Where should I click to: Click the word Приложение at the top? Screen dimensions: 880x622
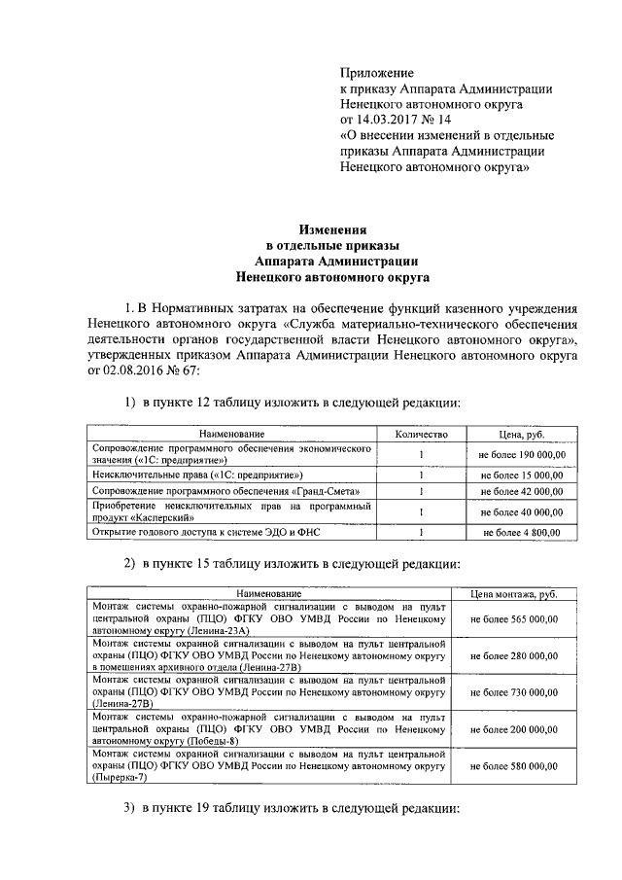pyautogui.click(x=376, y=73)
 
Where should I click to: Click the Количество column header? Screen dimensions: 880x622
pyautogui.click(x=420, y=433)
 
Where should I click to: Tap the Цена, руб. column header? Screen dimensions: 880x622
pyautogui.click(x=521, y=433)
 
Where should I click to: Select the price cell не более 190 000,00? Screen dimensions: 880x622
pyautogui.click(x=521, y=454)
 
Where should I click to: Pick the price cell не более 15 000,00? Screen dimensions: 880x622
pyautogui.click(x=521, y=475)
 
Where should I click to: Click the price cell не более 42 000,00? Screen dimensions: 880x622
pyautogui.click(x=521, y=492)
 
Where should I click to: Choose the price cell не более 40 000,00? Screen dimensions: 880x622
pyautogui.click(x=521, y=512)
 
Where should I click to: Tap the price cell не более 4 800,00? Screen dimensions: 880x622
pyautogui.click(x=521, y=533)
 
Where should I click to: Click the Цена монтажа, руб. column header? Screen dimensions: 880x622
pyautogui.click(x=513, y=592)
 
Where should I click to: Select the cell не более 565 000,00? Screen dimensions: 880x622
pyautogui.click(x=513, y=617)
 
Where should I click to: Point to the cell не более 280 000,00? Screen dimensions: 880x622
pyautogui.click(x=513, y=657)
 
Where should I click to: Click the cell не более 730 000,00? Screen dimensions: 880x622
pyautogui.click(x=513, y=691)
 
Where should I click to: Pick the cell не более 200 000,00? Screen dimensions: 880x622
pyautogui.click(x=513, y=728)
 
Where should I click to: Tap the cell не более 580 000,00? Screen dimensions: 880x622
pyautogui.click(x=513, y=767)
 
